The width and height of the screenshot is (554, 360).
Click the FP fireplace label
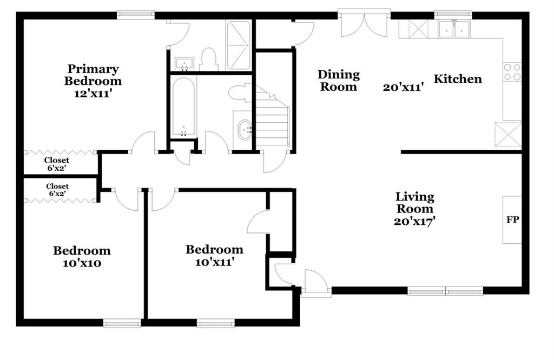point(513,220)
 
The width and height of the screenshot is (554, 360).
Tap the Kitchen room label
point(458,79)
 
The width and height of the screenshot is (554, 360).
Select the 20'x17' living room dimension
point(414,222)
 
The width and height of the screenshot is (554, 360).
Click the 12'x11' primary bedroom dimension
point(93,94)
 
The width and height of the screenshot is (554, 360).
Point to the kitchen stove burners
point(512,72)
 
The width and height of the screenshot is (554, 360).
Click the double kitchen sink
point(454,29)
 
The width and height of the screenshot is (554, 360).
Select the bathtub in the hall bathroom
point(183,107)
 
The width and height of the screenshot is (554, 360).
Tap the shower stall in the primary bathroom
point(239,45)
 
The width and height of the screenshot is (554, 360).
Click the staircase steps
point(273,116)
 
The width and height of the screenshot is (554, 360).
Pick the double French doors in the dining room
point(364,25)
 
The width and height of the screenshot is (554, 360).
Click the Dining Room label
point(339,81)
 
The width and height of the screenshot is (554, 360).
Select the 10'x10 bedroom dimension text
point(82,263)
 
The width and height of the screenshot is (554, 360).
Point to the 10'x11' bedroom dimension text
point(214,262)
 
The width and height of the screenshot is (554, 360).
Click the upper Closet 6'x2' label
point(57,164)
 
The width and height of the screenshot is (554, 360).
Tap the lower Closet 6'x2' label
point(57,190)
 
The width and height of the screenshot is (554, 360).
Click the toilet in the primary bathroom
point(208,59)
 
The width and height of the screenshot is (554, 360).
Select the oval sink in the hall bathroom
point(245,130)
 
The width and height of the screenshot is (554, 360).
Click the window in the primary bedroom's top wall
point(136,15)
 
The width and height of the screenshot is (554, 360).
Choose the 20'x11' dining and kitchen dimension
point(403,87)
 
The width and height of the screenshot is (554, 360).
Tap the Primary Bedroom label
point(93,75)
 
